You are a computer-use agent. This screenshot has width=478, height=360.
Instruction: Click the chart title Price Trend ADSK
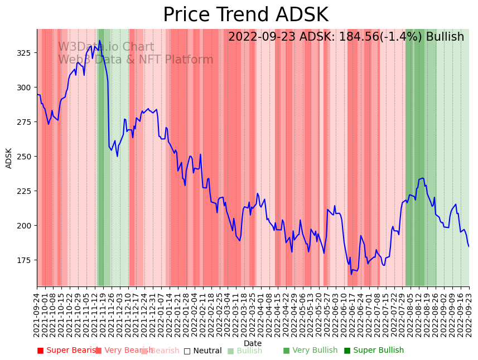tap(245, 15)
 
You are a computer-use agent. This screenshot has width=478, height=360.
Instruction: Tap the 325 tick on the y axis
tap(27, 53)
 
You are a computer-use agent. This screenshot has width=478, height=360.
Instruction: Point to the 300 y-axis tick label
tap(27, 87)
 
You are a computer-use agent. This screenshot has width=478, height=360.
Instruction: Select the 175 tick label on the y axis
tap(27, 260)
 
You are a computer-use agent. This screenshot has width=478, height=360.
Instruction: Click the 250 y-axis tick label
tap(27, 157)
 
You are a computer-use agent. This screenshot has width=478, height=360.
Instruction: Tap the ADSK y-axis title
tap(9, 158)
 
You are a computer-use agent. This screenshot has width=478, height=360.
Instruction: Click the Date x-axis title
tap(253, 343)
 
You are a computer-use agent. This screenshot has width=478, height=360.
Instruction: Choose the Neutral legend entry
tap(203, 351)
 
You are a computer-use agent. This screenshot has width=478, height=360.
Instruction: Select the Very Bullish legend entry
tap(310, 351)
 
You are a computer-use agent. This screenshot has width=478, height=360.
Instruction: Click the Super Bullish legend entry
tap(374, 351)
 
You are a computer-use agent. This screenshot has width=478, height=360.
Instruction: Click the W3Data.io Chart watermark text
tap(106, 47)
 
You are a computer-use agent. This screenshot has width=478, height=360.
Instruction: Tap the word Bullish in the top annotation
tap(445, 37)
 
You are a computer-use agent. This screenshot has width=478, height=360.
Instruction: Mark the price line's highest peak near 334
tap(100, 41)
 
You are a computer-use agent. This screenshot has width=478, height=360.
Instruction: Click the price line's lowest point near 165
tap(351, 274)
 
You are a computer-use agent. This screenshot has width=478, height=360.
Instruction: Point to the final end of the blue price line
tap(469, 246)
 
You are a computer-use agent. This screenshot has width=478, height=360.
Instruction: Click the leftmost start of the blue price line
tap(37, 95)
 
